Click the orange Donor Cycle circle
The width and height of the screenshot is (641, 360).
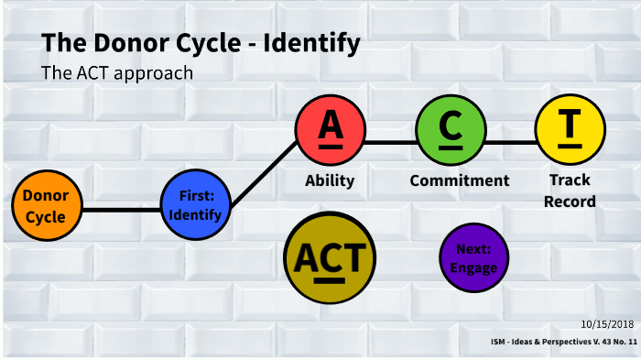[45, 206]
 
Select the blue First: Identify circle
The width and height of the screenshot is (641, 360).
[194, 204]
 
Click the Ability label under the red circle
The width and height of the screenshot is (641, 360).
[330, 180]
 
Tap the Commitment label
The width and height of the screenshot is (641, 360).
[459, 180]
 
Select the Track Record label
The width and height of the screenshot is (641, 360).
[570, 191]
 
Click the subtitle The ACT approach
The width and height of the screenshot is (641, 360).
[117, 73]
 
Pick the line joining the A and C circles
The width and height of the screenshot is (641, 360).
[389, 143]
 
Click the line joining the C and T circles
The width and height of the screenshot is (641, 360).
[509, 143]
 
